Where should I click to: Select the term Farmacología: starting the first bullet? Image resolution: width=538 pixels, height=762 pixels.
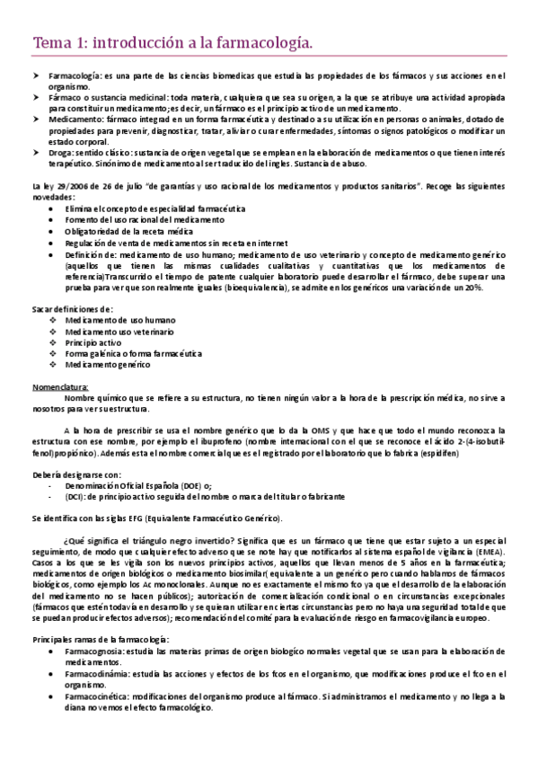tap(75, 75)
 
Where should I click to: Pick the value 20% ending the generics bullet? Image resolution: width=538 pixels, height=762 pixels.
tap(473, 288)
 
